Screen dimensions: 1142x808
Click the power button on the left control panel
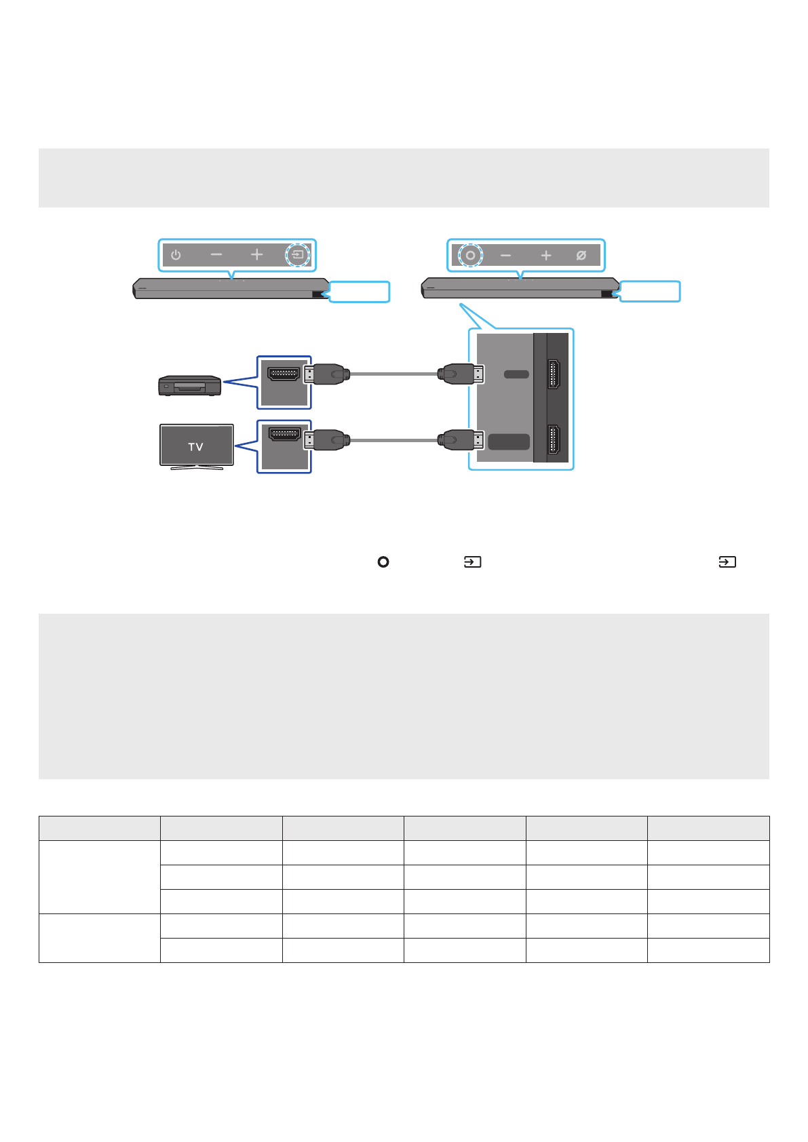click(x=176, y=256)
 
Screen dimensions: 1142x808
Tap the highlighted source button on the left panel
click(x=297, y=256)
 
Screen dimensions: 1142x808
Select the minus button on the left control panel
click(x=216, y=255)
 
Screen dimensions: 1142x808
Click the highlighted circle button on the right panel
click(x=470, y=256)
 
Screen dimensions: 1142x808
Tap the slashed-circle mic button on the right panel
click(x=581, y=256)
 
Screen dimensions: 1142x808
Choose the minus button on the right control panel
click(x=505, y=256)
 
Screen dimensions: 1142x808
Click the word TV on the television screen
click(x=196, y=447)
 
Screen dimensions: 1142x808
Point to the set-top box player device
click(x=189, y=385)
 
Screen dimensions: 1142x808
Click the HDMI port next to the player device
click(x=284, y=374)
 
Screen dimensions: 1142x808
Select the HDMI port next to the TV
click(x=284, y=434)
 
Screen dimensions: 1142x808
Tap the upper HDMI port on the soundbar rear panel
click(x=554, y=374)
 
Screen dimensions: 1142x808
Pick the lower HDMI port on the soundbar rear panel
click(x=554, y=441)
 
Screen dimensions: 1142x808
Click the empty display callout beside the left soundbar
click(x=360, y=292)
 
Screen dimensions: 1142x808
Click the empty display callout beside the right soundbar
click(x=650, y=292)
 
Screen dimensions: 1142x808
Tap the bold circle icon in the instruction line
click(x=383, y=562)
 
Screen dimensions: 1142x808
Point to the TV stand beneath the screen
click(x=197, y=467)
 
